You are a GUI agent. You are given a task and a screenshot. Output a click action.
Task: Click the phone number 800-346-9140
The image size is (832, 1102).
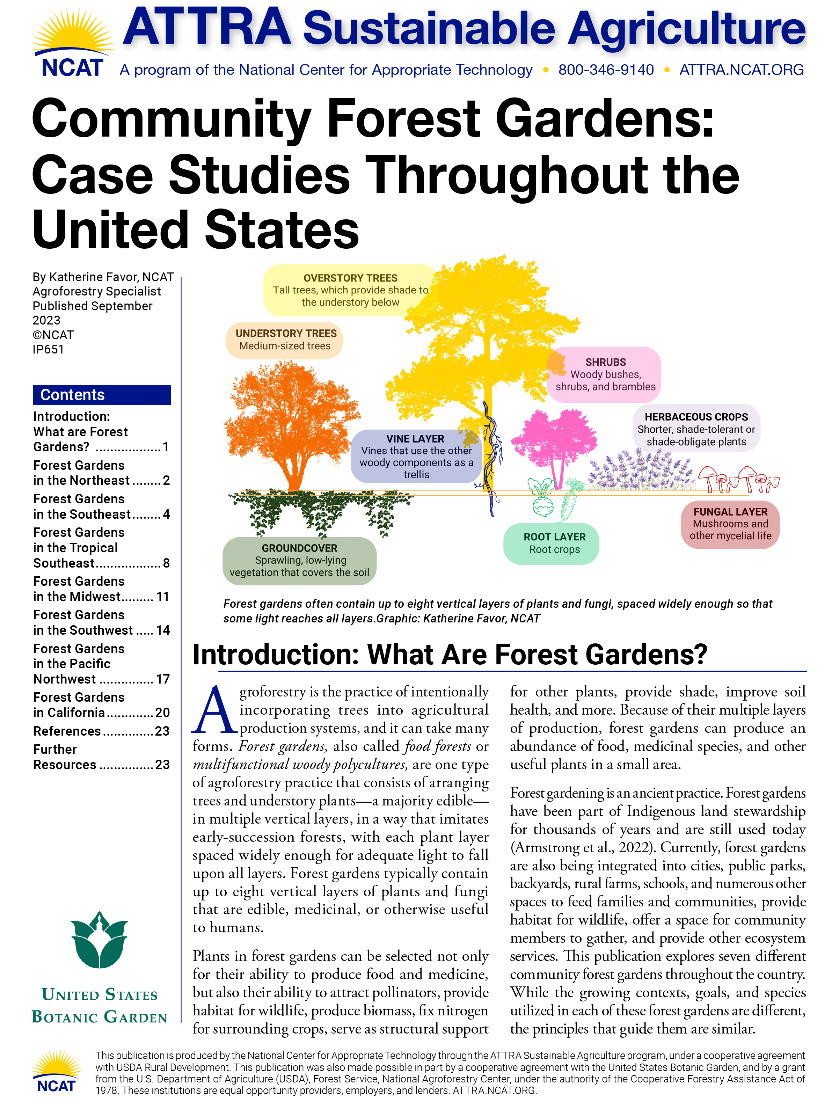605,70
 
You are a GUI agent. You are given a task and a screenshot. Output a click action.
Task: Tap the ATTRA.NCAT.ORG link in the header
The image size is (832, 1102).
741,70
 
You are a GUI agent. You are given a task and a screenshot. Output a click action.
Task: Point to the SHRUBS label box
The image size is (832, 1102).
605,374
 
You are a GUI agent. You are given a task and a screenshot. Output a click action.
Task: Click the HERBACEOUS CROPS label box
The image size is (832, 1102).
696,429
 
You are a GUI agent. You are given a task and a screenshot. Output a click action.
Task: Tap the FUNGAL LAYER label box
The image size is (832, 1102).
730,524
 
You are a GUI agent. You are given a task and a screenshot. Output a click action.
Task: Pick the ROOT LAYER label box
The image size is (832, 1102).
554,543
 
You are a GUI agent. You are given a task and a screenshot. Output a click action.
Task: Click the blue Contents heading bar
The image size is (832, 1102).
102,395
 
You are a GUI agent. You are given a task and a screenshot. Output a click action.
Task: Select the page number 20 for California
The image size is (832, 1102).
162,713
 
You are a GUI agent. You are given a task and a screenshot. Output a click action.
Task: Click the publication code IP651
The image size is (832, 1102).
48,349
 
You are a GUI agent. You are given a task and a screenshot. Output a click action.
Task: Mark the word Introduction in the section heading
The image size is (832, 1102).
276,654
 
